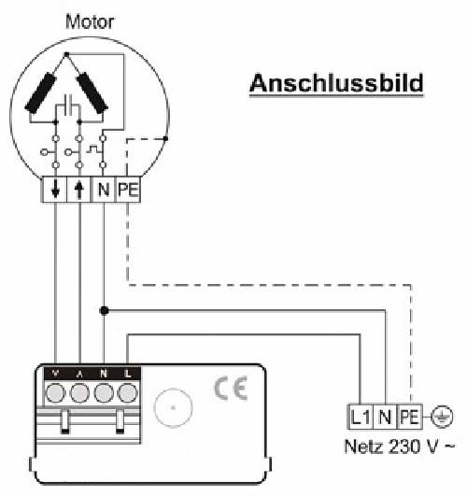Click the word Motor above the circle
point(90,22)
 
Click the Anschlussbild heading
point(336,83)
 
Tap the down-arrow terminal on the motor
point(54,190)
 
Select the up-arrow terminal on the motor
point(79,190)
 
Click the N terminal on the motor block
point(104,190)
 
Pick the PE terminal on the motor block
point(128,190)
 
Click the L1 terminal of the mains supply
point(361,417)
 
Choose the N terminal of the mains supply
point(385,417)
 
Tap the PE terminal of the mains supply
point(410,417)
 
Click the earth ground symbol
point(443,417)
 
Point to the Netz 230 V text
point(400,446)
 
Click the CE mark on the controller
point(231,389)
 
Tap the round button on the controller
point(173,408)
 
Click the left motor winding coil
point(41,92)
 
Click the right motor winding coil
point(92,92)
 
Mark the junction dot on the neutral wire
point(104,311)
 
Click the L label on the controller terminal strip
point(128,374)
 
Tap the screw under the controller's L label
point(128,393)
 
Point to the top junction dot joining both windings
point(66,55)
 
